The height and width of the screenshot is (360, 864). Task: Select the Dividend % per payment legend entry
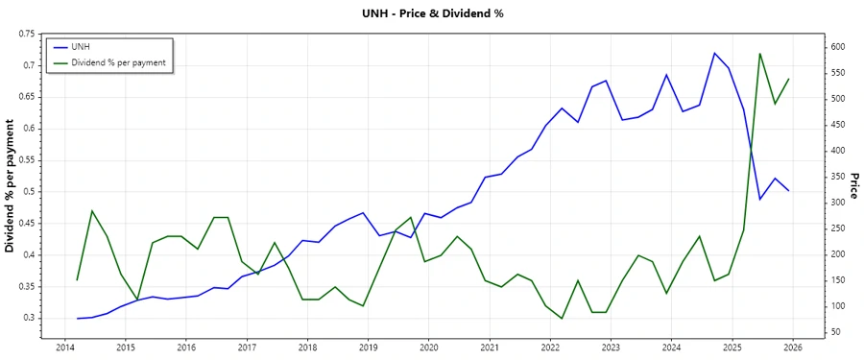click(x=118, y=62)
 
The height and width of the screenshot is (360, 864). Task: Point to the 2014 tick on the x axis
click(x=65, y=348)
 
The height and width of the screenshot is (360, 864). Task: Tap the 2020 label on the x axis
click(x=429, y=348)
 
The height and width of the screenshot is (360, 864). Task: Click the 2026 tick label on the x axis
click(x=793, y=348)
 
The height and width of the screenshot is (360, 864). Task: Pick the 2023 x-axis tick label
click(x=612, y=348)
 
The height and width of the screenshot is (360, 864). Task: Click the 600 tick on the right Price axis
click(x=837, y=47)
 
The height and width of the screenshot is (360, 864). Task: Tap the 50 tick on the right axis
click(x=835, y=332)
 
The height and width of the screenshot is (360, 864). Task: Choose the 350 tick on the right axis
click(x=837, y=177)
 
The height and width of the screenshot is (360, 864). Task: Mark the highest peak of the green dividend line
click(x=760, y=54)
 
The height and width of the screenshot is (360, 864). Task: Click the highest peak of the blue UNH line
click(x=714, y=53)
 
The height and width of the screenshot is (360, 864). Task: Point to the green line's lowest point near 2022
click(x=562, y=319)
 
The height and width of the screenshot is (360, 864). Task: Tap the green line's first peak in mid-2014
click(x=91, y=210)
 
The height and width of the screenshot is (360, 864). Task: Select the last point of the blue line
click(x=789, y=191)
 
